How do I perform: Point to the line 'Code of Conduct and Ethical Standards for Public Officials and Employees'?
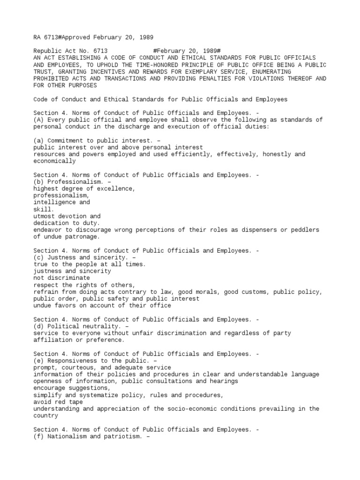click(160, 99)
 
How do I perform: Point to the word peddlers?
click(303, 230)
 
